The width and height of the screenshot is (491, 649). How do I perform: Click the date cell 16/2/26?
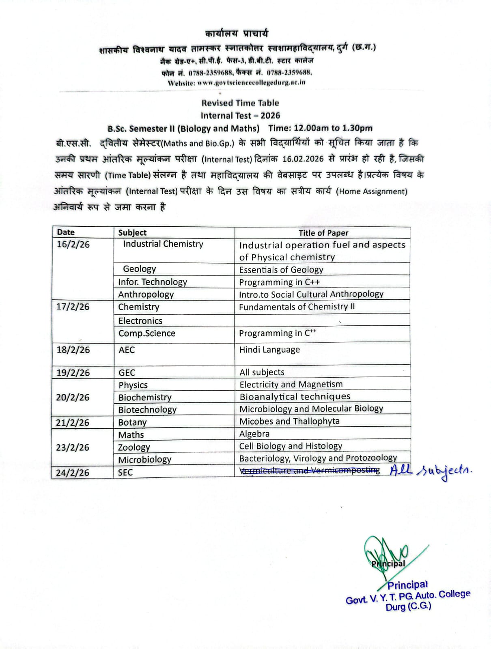pyautogui.click(x=73, y=244)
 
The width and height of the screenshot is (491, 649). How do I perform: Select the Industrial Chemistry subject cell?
pyautogui.click(x=163, y=244)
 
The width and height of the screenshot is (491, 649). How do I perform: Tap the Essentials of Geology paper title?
pyautogui.click(x=281, y=270)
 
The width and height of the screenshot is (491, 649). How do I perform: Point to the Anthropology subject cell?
pyautogui.click(x=146, y=294)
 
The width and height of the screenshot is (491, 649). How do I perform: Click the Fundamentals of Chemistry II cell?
pyautogui.click(x=297, y=307)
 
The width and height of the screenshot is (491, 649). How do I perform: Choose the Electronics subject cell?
pyautogui.click(x=140, y=321)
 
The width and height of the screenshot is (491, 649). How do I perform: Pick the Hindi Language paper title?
pyautogui.click(x=269, y=350)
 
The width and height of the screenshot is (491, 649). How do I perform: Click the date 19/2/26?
pyautogui.click(x=73, y=372)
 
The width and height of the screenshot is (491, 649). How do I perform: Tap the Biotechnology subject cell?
pyautogui.click(x=147, y=410)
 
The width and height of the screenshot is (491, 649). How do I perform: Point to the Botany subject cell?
pyautogui.click(x=132, y=422)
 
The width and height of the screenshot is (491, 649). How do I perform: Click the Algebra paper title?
pyautogui.click(x=254, y=434)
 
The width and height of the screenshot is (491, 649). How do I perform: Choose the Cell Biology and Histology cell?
pyautogui.click(x=291, y=446)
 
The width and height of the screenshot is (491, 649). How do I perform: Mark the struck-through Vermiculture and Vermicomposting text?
pyautogui.click(x=310, y=471)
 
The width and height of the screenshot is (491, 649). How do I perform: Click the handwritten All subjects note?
pyautogui.click(x=430, y=471)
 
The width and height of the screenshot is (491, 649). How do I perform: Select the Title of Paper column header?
pyautogui.click(x=323, y=233)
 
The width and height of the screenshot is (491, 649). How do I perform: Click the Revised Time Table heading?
pyautogui.click(x=240, y=103)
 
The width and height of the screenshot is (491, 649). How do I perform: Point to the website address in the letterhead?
pyautogui.click(x=237, y=82)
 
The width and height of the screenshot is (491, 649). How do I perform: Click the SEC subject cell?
pyautogui.click(x=125, y=473)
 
